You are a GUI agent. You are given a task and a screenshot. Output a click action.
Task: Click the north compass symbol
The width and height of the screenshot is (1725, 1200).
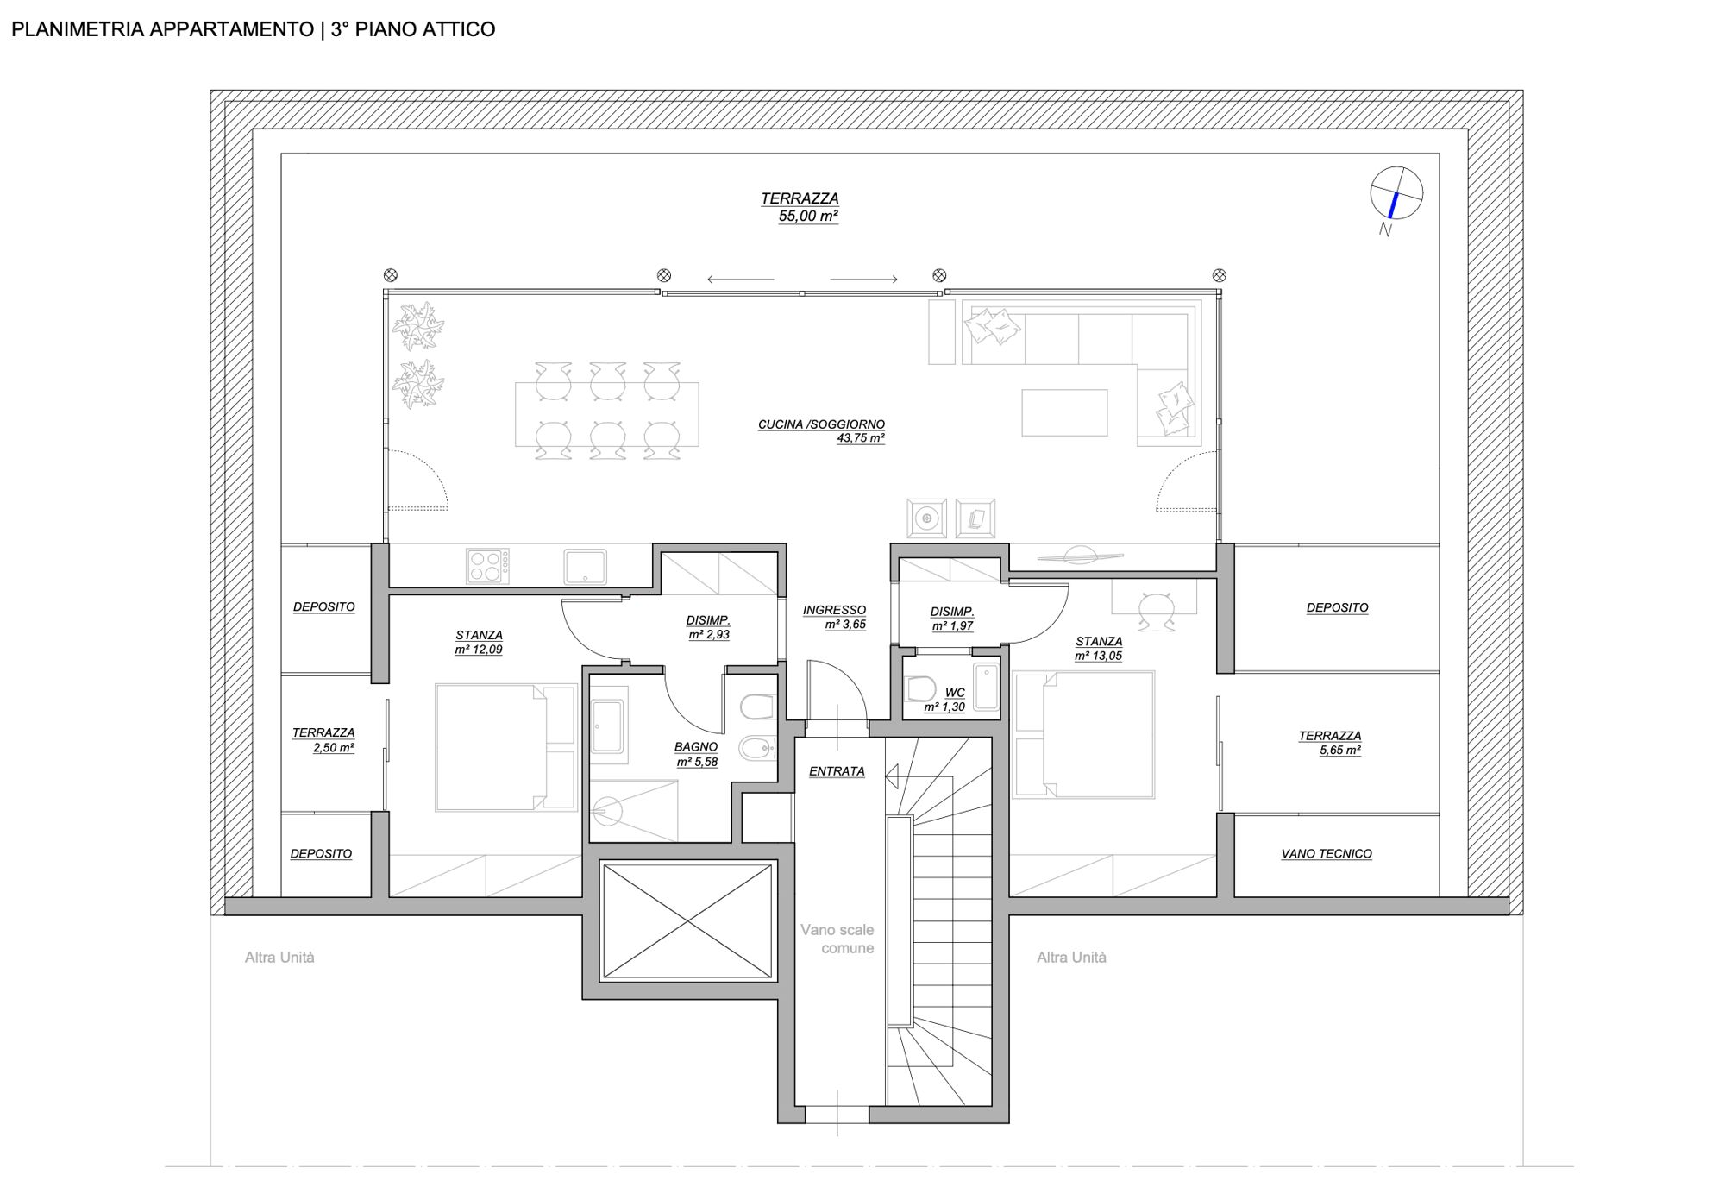click(x=1396, y=193)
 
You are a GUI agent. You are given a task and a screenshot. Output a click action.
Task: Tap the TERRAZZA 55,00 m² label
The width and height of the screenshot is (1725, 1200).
click(x=800, y=207)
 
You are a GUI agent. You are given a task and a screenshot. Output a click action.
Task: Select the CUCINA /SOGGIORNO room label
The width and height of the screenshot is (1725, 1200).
click(x=822, y=430)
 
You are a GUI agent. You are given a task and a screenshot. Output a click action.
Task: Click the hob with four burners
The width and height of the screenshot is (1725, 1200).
click(x=487, y=566)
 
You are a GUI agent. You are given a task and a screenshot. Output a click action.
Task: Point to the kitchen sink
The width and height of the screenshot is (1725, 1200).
click(x=586, y=567)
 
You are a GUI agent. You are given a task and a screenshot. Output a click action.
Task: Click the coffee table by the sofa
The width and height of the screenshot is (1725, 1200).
click(x=1064, y=412)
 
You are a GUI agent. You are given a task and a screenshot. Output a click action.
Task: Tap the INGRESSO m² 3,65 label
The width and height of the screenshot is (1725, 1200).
click(x=834, y=617)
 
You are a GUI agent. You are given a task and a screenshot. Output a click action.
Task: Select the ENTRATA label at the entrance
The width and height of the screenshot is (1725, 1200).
click(x=837, y=771)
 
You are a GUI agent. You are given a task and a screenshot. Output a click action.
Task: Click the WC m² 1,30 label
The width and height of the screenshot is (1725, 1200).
click(x=946, y=700)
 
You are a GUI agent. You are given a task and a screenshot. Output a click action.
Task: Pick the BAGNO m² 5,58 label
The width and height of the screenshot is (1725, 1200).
click(x=697, y=754)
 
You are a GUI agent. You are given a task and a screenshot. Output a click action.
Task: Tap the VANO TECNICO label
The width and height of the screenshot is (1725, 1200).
click(x=1327, y=853)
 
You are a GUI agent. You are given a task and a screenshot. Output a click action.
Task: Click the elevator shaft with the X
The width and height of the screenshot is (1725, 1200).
click(x=687, y=921)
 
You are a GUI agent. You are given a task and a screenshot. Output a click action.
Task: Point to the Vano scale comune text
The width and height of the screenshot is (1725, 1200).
click(x=837, y=939)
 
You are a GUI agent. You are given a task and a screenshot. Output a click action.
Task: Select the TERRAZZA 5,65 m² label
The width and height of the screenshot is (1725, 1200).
click(x=1330, y=743)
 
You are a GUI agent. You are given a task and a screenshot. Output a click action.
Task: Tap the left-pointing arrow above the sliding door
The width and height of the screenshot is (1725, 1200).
click(x=740, y=279)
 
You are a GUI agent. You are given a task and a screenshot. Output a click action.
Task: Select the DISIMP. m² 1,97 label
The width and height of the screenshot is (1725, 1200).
click(x=952, y=619)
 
